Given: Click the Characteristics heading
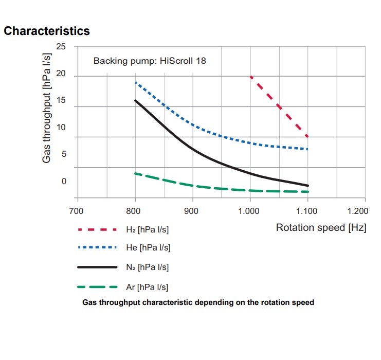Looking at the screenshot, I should point(47,31).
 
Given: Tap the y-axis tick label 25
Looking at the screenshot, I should point(61,47).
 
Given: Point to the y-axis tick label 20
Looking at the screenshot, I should point(61,74).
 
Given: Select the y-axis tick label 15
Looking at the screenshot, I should point(61,100).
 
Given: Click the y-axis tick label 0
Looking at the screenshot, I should point(64,181).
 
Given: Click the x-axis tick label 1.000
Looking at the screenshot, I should point(249,211).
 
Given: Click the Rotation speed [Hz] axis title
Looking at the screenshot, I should point(321,227).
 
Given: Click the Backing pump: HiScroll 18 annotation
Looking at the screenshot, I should point(150,61).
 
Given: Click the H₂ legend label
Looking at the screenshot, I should point(147,229).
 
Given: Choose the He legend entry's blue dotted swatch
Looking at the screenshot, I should point(97,247).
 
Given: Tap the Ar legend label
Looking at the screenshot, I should point(147,287).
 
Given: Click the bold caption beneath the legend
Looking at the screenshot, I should point(198,302).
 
